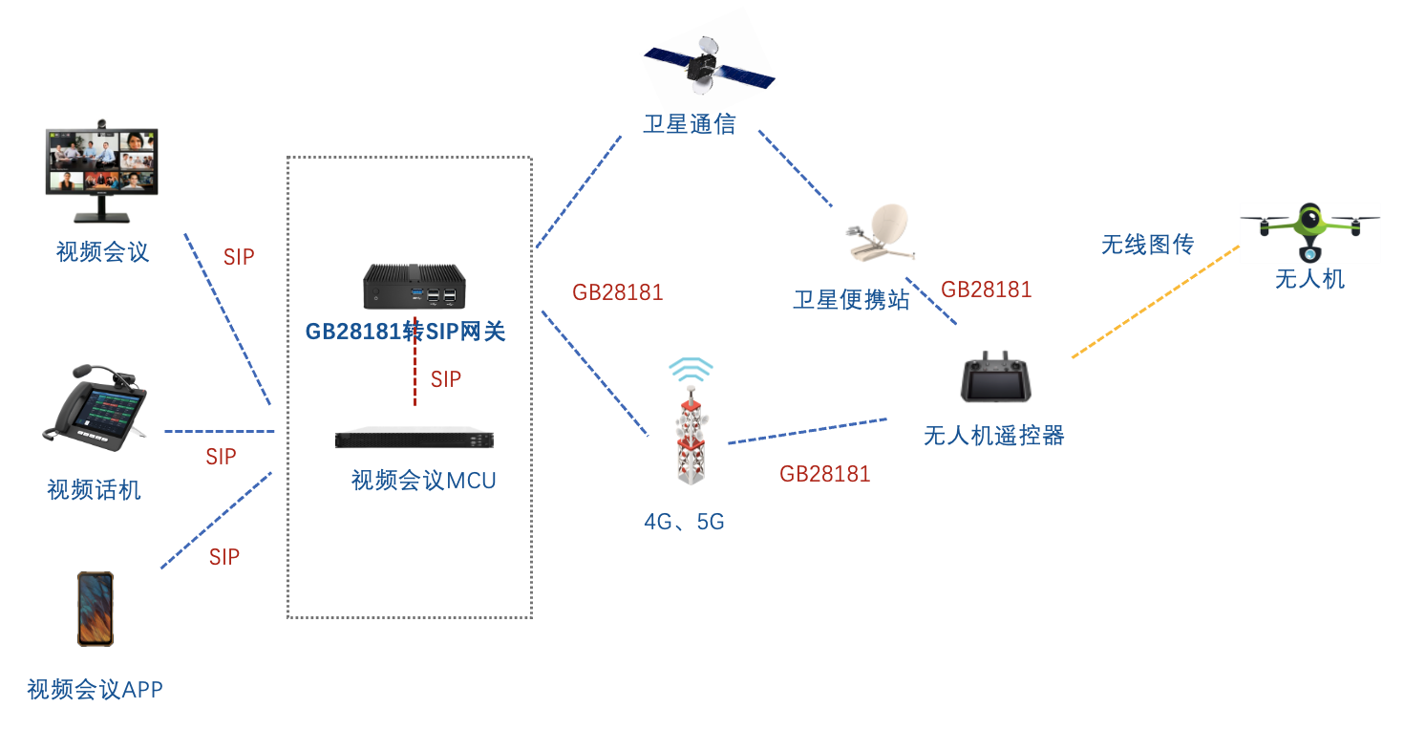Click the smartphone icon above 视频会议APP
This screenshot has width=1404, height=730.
[x=96, y=609]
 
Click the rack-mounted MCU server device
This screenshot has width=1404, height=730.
[x=414, y=439]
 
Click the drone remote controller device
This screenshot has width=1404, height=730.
[x=997, y=376]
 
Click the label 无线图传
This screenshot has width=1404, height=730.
[x=1147, y=245]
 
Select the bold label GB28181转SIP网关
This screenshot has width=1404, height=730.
[x=405, y=332]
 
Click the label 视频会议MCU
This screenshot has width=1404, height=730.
[x=423, y=480]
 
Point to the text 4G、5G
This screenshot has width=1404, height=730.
[x=684, y=522]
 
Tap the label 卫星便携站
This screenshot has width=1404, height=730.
[x=851, y=299]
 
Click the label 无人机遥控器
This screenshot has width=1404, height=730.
[x=993, y=436]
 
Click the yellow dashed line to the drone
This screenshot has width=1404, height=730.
[x=1156, y=301]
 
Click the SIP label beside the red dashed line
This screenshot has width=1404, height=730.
[x=446, y=379]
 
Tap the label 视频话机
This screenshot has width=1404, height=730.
[x=94, y=490]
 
